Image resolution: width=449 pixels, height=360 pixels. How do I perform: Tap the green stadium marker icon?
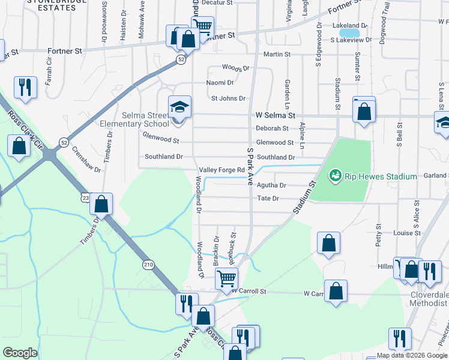point(335,176)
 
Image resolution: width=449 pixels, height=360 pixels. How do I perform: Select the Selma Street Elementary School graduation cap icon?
point(179,107)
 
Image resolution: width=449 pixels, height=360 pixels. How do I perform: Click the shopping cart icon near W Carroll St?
point(227,278)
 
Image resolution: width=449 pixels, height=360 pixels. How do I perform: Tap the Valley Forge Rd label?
point(222,170)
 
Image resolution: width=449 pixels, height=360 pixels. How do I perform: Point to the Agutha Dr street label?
point(271,185)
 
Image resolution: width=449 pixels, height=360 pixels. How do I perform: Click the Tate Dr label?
point(268,198)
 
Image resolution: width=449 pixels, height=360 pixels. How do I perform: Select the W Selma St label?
point(276,115)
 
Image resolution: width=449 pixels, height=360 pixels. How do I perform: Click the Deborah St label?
point(272,128)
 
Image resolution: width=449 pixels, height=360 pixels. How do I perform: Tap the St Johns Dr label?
point(228,98)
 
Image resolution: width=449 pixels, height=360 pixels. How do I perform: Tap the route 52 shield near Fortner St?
point(181,60)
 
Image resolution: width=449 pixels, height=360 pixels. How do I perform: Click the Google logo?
point(20,353)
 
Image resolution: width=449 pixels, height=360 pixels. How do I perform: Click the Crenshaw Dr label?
point(86,160)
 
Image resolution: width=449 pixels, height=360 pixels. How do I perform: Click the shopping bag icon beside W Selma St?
point(364,112)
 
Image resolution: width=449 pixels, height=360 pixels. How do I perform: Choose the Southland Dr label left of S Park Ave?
point(163,157)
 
